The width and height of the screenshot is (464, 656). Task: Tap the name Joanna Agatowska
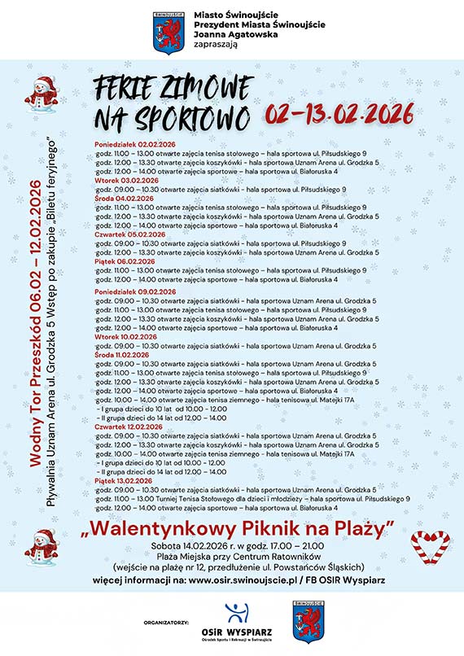point(227,35)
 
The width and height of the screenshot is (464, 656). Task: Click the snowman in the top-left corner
point(40,94)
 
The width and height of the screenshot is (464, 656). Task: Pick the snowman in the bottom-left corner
point(40,548)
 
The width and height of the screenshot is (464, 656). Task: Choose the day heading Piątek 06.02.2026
point(119,261)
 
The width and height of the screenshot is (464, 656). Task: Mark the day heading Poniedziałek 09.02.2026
point(135,291)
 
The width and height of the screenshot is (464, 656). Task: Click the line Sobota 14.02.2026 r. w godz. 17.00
point(236,545)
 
